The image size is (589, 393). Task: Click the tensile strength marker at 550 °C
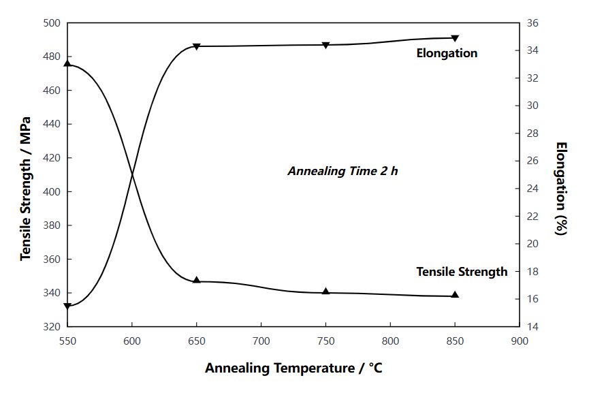[x=67, y=63]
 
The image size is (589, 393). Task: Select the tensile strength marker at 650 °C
[x=196, y=281]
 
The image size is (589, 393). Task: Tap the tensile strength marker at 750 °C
[x=325, y=292]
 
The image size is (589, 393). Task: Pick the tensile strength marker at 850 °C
[x=455, y=295]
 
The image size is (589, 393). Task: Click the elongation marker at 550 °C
[x=67, y=306]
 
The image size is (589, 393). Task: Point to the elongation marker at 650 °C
[x=196, y=47]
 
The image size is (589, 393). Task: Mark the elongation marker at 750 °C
[x=325, y=46]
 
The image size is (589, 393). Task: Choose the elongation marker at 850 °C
[x=455, y=38]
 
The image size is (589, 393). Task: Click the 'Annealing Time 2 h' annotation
[x=343, y=171]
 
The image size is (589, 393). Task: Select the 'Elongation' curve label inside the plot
[x=447, y=53]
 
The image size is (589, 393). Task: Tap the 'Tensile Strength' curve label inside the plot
[x=462, y=272]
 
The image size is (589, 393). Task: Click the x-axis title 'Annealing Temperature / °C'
[x=293, y=368]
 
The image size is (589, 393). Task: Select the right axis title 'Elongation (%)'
[x=560, y=188]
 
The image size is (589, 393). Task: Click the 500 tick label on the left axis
[x=52, y=23]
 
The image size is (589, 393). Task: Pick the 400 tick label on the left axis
[x=52, y=192]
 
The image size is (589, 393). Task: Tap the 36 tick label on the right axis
[x=532, y=23]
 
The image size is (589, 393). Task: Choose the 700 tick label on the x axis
[x=261, y=339]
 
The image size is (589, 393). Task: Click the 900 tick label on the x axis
[x=520, y=339]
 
